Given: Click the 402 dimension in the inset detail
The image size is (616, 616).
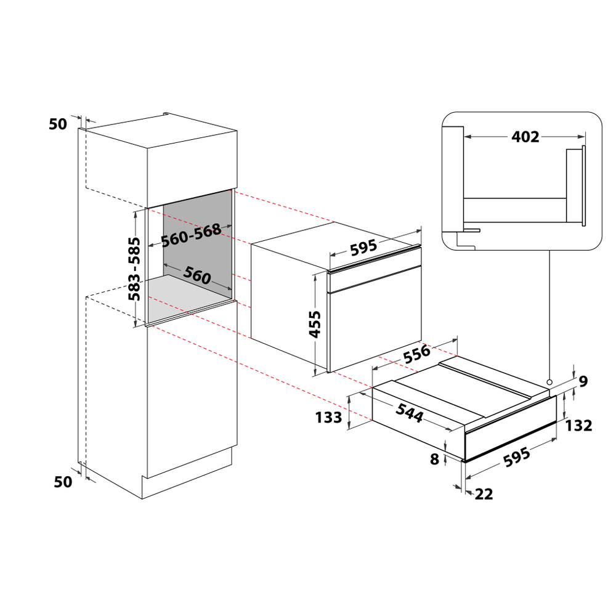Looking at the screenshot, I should (525, 137).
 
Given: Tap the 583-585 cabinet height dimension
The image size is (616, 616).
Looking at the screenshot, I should (134, 269).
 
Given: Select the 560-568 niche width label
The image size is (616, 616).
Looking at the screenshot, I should (191, 235).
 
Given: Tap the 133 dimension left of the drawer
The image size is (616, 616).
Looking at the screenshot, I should (328, 418).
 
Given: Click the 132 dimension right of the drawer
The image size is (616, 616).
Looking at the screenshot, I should (580, 425).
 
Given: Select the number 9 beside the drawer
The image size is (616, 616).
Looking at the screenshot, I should (583, 381).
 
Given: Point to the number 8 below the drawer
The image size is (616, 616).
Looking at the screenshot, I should (436, 459).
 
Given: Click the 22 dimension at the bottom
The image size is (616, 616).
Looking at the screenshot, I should (484, 494).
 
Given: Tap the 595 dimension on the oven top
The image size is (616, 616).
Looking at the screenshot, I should (363, 249).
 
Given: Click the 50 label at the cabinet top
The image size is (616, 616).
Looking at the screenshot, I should (57, 124).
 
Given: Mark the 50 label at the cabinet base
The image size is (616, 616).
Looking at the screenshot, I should (63, 482).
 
